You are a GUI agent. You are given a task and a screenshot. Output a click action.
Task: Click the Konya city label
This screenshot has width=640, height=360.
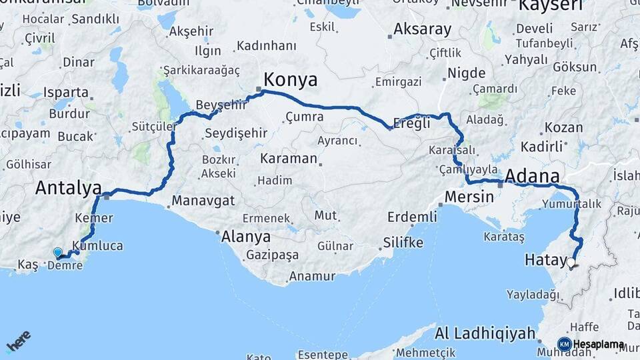pos(291,80)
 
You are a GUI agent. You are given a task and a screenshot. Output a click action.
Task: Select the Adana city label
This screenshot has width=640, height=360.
pos(532,177)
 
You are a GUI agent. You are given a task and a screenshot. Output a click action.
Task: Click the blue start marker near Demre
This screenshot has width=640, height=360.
pos(58,253)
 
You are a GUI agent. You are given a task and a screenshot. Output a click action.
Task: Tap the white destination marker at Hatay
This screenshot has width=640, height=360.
pos(571,263)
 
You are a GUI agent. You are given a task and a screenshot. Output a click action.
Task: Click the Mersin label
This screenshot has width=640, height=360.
pos(469,197)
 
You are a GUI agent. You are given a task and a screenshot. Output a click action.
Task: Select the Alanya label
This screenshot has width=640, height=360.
pos(247,237)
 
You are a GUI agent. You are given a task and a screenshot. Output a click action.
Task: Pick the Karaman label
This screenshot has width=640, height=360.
pos(288,159)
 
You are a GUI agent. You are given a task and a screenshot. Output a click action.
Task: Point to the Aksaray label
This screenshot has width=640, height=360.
pos(422,29)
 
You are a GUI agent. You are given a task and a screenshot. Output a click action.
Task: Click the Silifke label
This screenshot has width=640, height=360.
pos(403,242)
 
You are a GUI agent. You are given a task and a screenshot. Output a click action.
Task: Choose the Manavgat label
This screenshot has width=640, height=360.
pos(203,200)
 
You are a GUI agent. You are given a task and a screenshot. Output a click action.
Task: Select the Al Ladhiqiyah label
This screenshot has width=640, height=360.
pos(485,333)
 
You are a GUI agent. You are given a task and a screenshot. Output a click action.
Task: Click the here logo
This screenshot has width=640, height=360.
pos(18,341)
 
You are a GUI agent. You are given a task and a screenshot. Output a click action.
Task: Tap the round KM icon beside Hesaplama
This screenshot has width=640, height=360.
pos(564,344)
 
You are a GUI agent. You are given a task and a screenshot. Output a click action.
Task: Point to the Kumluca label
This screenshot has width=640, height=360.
pos(101,245)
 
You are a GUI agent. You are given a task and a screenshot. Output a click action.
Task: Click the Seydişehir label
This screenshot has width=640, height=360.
pos(236,133)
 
